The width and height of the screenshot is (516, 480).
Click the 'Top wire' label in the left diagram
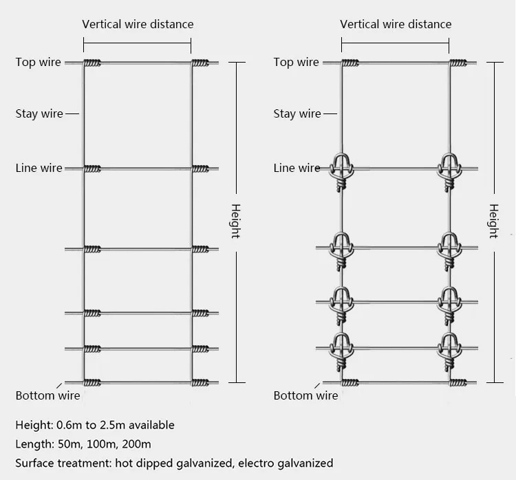(39, 63)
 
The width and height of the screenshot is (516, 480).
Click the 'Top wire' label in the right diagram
(297, 63)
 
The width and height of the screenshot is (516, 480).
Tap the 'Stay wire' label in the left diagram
(39, 114)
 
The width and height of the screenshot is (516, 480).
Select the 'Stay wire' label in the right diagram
(297, 114)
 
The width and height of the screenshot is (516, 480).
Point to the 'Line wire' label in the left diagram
(39, 168)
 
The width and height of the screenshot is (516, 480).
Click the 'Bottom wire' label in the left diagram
(48, 395)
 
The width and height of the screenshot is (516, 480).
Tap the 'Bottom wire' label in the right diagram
(306, 395)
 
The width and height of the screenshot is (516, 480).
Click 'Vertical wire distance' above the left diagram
(138, 25)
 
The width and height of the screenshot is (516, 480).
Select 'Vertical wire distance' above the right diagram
(396, 25)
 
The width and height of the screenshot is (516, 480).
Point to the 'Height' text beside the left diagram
(235, 221)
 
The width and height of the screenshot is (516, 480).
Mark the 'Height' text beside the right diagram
(493, 221)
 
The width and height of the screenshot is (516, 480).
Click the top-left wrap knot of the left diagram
(93, 63)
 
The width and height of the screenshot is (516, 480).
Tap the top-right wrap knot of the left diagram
(200, 63)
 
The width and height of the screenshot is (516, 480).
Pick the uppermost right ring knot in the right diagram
(449, 169)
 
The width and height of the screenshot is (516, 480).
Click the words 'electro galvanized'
(286, 463)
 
